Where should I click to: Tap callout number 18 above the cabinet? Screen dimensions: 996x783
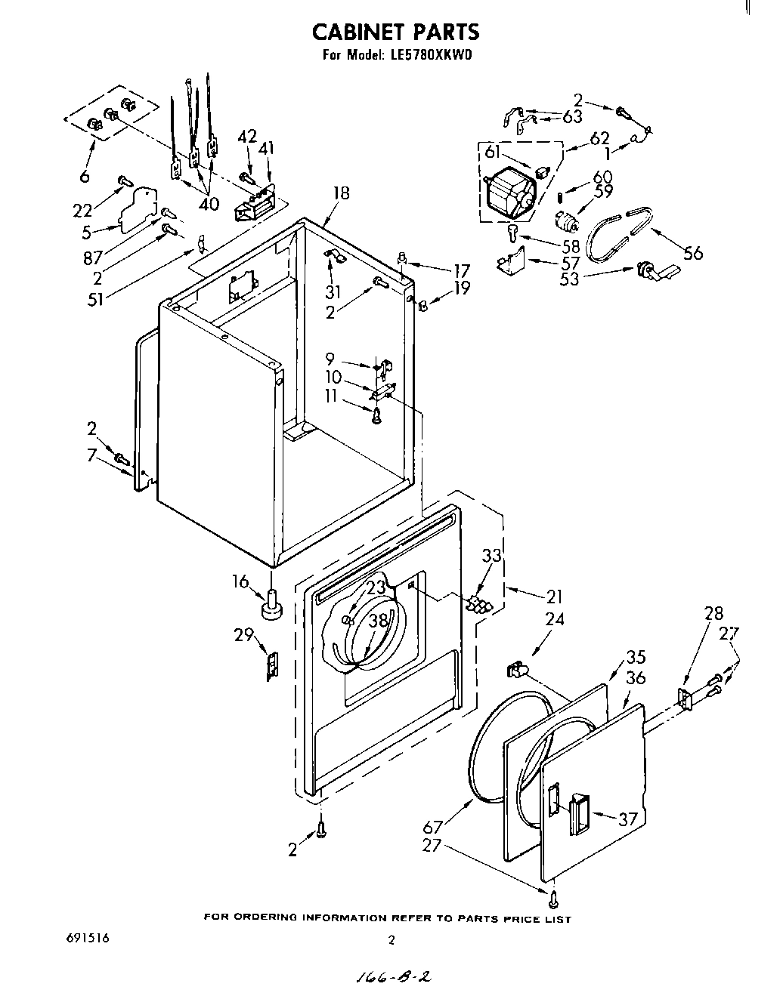coord(341,193)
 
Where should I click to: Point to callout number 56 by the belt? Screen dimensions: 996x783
coord(692,253)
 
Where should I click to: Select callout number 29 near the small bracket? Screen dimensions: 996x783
coord(243,635)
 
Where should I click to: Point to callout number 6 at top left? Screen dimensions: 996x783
coord(84,176)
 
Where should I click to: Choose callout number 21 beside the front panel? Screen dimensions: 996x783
coord(554,596)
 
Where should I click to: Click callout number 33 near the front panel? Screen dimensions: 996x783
coord(491,555)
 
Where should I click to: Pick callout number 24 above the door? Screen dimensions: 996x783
coord(556,621)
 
